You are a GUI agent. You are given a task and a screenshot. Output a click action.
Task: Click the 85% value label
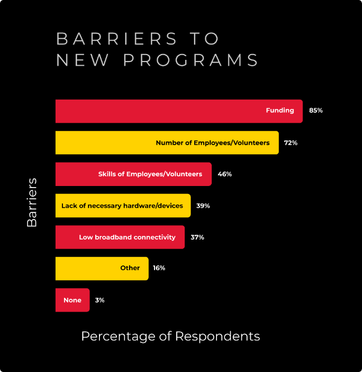316,111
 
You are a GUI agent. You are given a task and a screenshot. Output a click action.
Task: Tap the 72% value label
291,143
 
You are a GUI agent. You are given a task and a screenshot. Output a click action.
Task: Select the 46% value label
225,174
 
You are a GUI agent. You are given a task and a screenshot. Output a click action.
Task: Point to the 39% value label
203,206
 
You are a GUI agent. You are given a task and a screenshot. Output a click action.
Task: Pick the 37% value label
197,237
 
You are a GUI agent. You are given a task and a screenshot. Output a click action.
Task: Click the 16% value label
159,268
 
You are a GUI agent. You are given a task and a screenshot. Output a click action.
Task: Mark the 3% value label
99,300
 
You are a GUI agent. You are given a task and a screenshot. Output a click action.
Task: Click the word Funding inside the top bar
280,111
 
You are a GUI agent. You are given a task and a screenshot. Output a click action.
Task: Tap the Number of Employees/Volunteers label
213,143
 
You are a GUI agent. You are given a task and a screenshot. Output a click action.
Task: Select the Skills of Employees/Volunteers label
150,174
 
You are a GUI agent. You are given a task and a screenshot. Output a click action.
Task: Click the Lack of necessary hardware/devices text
122,206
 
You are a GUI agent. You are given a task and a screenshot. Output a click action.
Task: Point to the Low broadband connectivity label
127,237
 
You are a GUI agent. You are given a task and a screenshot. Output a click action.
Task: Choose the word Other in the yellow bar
130,268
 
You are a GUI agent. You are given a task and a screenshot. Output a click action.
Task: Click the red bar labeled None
73,300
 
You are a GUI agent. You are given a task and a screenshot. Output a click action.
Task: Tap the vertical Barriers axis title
32,202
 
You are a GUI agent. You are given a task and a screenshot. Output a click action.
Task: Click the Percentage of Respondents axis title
170,336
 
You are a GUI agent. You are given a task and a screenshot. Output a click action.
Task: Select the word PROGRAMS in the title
191,60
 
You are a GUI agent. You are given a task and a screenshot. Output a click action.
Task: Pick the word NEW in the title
82,60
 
